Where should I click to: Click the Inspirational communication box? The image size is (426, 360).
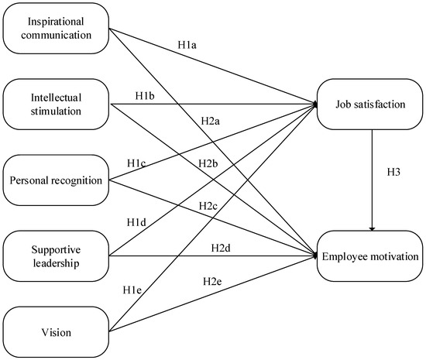tap(56, 28)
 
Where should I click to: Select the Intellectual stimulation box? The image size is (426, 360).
tap(56, 105)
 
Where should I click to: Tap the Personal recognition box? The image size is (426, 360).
tap(56, 180)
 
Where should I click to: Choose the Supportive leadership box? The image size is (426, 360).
tap(56, 256)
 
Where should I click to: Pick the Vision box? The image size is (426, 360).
tap(56, 332)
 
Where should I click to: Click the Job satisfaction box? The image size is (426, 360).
tap(370, 105)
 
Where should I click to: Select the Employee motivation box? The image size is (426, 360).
tap(370, 256)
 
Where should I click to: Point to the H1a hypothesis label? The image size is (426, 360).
tap(187, 45)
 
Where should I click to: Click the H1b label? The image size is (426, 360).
tap(145, 96)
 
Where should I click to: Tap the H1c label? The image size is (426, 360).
tap(136, 163)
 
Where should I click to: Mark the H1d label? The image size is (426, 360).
tap(136, 223)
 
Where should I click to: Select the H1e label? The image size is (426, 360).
tap(132, 290)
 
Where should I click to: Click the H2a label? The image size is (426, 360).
tap(210, 121)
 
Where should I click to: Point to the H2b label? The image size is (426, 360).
tap(208, 163)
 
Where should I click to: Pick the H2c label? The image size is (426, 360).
tap(208, 206)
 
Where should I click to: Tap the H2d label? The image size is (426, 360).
tap(221, 248)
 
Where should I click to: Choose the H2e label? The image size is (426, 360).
tap(212, 282)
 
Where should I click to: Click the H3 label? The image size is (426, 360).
tap(393, 172)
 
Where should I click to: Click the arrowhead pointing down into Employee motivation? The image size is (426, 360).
tap(373, 229)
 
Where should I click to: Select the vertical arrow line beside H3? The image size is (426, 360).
tap(373, 180)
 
